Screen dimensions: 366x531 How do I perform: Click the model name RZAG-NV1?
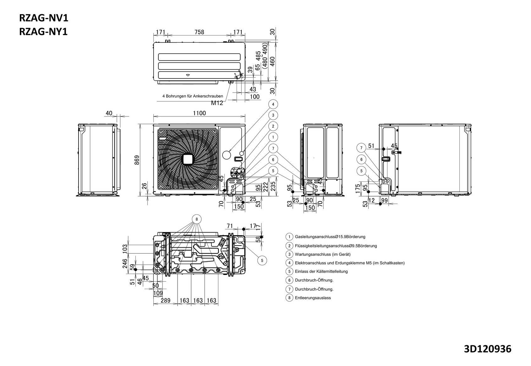(44, 18)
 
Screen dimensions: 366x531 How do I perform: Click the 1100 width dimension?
(199, 113)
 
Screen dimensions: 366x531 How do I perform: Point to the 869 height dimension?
(137, 160)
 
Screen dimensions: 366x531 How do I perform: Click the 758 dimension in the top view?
(199, 32)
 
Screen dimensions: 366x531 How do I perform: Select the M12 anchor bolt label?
(217, 103)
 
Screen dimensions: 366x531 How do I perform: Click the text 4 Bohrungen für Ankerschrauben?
(193, 96)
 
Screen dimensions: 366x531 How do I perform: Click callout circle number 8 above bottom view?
(196, 219)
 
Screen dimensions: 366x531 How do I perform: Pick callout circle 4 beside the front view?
(273, 104)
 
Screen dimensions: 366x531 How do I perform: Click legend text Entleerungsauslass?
(313, 298)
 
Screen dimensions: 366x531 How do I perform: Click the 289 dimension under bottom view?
(165, 300)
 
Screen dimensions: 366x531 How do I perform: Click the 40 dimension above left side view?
(109, 113)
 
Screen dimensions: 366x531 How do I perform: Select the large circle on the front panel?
(227, 154)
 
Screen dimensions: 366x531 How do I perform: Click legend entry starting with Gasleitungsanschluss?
(330, 237)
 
